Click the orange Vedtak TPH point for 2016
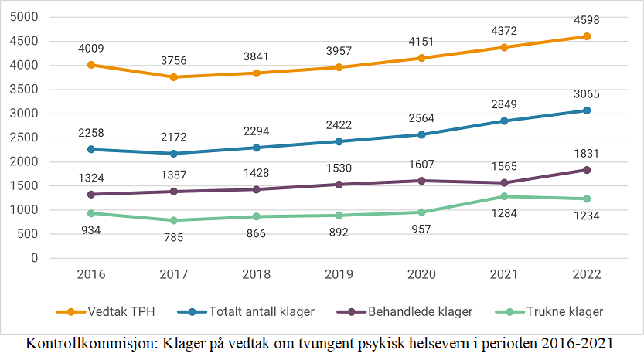tap(91, 65)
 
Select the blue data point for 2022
tap(587, 110)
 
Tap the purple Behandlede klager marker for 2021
tap(504, 183)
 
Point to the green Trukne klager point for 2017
tap(174, 220)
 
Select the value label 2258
tap(91, 131)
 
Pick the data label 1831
tap(587, 153)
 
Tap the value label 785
tap(174, 237)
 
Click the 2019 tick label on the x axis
tap(339, 275)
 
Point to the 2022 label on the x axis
tap(587, 275)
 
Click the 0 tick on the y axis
tap(35, 258)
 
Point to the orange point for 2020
tap(421, 58)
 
